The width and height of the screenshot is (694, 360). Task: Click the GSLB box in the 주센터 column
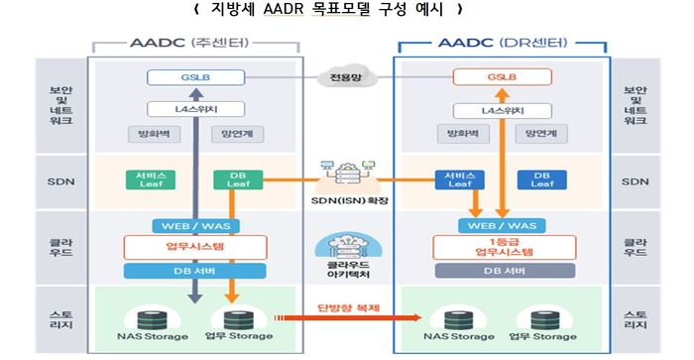(195, 76)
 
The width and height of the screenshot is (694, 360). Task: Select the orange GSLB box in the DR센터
(501, 76)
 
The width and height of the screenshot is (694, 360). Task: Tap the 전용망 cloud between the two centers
(347, 75)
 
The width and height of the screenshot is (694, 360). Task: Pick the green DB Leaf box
(238, 180)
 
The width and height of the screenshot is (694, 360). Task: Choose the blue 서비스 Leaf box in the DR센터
(460, 180)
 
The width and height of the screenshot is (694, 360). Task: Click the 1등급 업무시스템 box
(501, 247)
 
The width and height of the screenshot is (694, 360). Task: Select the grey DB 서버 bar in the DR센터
(501, 270)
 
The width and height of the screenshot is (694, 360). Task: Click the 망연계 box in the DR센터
(543, 134)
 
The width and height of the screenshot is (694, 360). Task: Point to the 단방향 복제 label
(346, 307)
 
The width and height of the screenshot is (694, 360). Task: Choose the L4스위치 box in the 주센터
(195, 109)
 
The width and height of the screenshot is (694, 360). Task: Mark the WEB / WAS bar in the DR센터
(501, 225)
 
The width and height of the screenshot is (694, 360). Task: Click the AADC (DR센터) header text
(501, 45)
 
